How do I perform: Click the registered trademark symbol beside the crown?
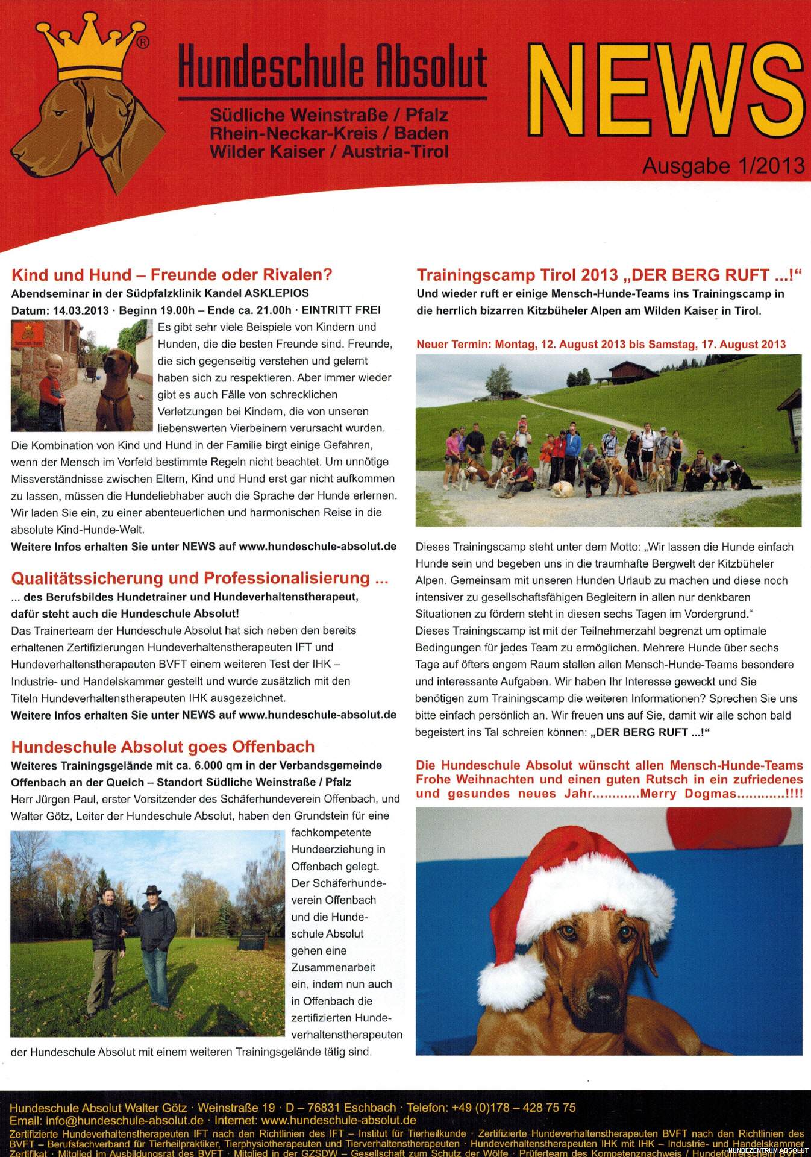143,42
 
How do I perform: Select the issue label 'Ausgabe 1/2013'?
723,166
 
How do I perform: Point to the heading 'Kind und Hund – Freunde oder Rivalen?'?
172,275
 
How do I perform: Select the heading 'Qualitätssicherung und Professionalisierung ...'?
199,578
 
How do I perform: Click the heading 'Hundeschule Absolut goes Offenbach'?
163,747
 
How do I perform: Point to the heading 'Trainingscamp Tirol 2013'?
518,275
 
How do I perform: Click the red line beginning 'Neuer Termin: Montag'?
601,345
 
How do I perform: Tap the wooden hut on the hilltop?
627,372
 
